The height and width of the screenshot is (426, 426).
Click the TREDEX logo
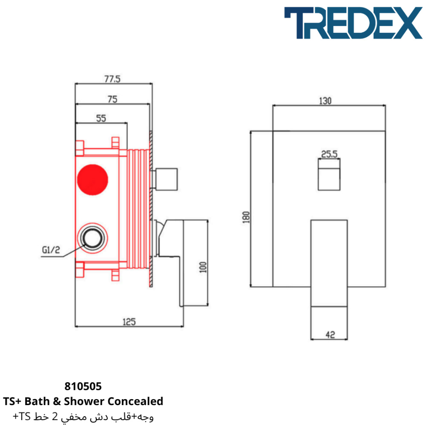click(353, 23)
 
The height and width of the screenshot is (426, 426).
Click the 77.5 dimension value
click(112, 79)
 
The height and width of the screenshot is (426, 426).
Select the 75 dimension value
click(112, 99)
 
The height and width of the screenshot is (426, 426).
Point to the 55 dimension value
click(101, 118)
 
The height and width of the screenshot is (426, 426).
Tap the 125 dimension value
click(129, 322)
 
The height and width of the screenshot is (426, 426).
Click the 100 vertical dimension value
click(203, 267)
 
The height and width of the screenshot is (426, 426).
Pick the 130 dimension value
click(325, 101)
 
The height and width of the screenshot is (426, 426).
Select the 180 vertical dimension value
click(246, 217)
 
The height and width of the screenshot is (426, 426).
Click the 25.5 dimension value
click(329, 154)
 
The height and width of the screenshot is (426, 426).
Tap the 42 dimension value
click(331, 335)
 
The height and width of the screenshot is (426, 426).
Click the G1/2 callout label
click(51, 250)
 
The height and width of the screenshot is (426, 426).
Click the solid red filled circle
click(92, 180)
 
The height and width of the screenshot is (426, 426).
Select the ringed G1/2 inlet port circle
click(92, 238)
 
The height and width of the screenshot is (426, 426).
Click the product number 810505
click(83, 386)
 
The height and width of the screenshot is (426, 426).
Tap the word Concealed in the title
click(135, 401)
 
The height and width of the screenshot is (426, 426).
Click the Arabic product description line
click(83, 417)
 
